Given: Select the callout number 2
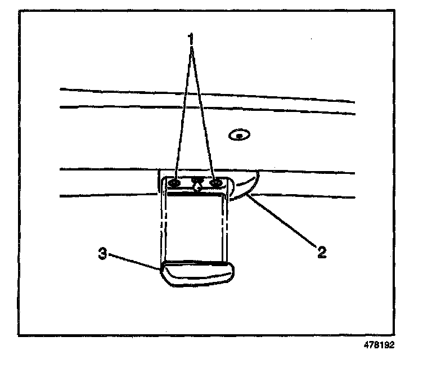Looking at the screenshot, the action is pyautogui.click(x=321, y=252).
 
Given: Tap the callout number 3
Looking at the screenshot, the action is pyautogui.click(x=103, y=253).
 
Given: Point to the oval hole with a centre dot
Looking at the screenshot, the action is pyautogui.click(x=240, y=135).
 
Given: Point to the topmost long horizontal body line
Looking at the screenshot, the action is pyautogui.click(x=208, y=95).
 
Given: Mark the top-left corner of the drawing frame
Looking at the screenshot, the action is pyautogui.click(x=19, y=10).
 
